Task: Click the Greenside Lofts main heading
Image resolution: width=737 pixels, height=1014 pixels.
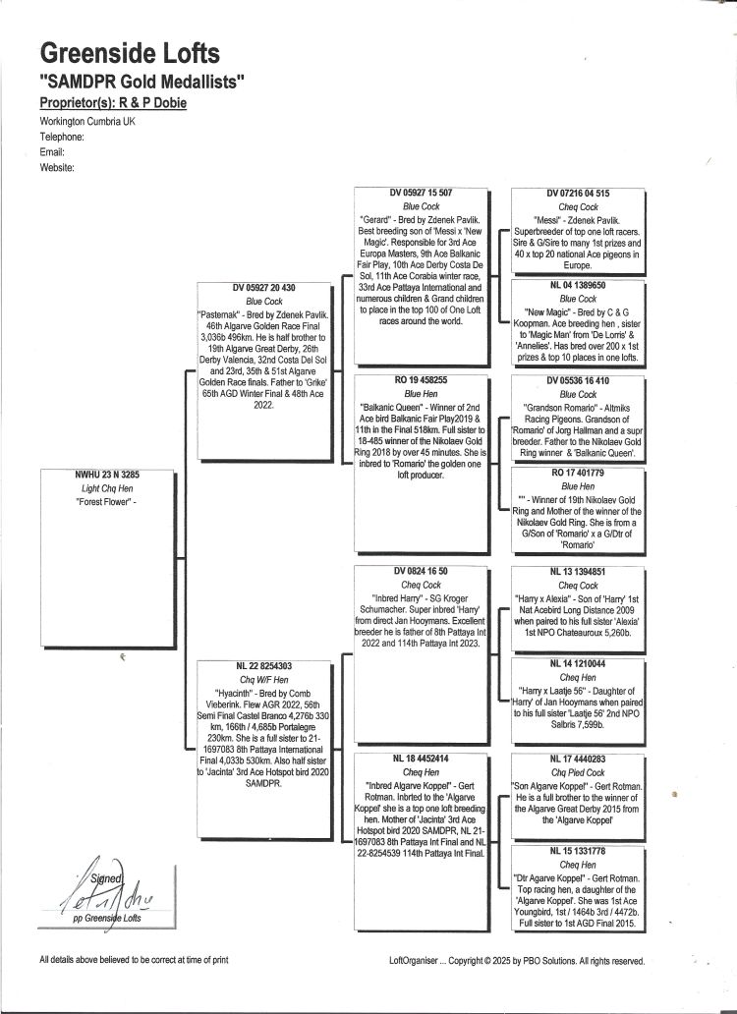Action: [130, 53]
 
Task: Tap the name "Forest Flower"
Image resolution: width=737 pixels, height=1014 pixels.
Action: [106, 502]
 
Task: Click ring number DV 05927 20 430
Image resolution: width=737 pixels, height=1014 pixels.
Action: [263, 288]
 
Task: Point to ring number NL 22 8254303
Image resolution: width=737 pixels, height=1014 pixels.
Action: [263, 666]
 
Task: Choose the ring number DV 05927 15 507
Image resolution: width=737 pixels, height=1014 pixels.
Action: [421, 193]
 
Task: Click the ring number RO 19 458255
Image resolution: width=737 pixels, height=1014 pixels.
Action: [421, 380]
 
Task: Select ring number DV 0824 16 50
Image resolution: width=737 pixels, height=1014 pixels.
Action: [421, 571]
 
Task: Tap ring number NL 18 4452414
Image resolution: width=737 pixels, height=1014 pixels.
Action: [421, 759]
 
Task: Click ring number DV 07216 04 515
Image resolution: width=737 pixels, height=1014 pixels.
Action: [578, 194]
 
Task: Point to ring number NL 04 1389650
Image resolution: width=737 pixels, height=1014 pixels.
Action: [578, 285]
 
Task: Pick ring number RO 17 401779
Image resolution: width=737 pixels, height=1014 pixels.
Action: [578, 473]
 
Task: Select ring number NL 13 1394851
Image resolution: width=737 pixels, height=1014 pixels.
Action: [578, 572]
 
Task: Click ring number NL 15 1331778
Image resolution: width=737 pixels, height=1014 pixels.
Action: [578, 851]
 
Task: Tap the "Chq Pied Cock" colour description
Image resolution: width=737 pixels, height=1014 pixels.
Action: [578, 773]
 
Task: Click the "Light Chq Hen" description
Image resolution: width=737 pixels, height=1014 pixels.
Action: [107, 489]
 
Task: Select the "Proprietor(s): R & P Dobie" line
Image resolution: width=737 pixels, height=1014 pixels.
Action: [113, 103]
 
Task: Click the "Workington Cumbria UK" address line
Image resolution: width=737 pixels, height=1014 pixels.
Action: [87, 122]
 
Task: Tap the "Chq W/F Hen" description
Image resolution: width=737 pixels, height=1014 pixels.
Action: [263, 680]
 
